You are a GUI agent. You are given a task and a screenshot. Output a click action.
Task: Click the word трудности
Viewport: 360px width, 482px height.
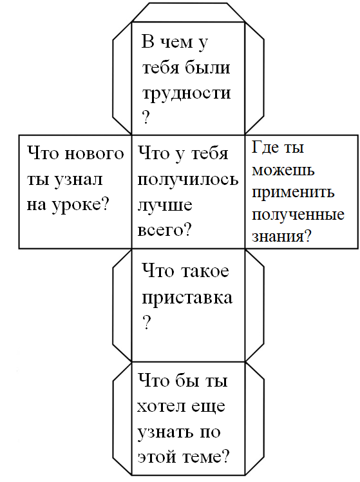(x=187, y=93)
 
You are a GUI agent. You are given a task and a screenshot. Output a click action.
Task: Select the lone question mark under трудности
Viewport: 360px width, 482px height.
(x=146, y=117)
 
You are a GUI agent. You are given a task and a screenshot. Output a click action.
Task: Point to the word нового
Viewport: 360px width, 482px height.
(x=95, y=153)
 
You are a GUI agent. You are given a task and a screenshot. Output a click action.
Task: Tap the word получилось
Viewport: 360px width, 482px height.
(x=187, y=180)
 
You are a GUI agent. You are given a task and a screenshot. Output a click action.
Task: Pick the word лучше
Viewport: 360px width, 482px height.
(x=165, y=206)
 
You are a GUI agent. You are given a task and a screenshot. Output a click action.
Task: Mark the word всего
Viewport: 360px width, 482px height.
(x=160, y=230)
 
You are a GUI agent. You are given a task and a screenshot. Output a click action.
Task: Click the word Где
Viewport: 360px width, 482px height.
(x=265, y=147)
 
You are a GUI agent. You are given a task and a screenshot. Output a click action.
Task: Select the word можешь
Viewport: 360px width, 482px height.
(x=283, y=170)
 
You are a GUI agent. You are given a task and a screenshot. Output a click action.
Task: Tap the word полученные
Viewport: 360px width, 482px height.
(x=298, y=215)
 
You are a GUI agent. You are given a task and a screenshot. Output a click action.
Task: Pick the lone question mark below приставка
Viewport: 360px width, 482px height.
(x=147, y=323)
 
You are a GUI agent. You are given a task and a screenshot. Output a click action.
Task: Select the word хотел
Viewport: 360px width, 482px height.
(x=162, y=407)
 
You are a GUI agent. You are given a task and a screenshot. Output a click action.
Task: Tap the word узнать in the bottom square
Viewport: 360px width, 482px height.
(x=166, y=432)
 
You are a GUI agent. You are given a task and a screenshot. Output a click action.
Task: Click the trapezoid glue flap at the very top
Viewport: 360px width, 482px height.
(x=188, y=13)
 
